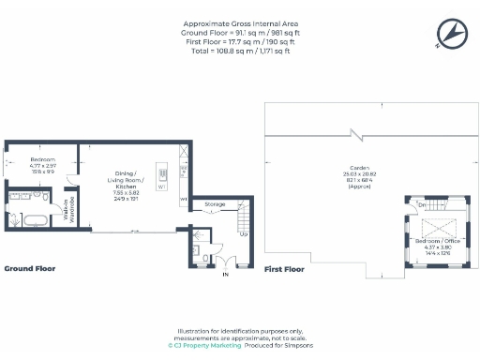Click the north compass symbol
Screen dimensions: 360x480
click(451, 35)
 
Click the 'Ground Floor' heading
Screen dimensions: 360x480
click(30, 269)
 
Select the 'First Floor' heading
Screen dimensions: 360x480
click(285, 269)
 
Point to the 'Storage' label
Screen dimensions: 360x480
click(216, 202)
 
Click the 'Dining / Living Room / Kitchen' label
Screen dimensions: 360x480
click(126, 182)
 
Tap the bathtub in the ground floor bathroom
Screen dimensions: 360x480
click(34, 221)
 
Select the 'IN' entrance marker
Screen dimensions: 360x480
click(225, 275)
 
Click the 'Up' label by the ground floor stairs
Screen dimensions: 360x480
click(244, 234)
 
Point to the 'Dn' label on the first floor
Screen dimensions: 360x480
click(423, 205)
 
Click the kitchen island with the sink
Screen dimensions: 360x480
click(162, 173)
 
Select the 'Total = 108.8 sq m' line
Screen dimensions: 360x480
click(240, 51)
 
